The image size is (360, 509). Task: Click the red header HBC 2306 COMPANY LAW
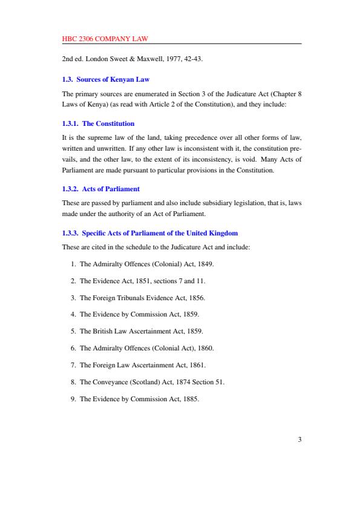click(x=105, y=39)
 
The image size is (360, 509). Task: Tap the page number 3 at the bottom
click(x=299, y=440)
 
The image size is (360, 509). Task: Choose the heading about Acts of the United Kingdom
click(x=150, y=233)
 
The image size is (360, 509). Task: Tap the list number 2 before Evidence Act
click(x=73, y=281)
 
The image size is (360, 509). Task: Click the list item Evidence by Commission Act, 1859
click(x=139, y=315)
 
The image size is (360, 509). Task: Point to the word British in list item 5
click(x=101, y=332)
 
